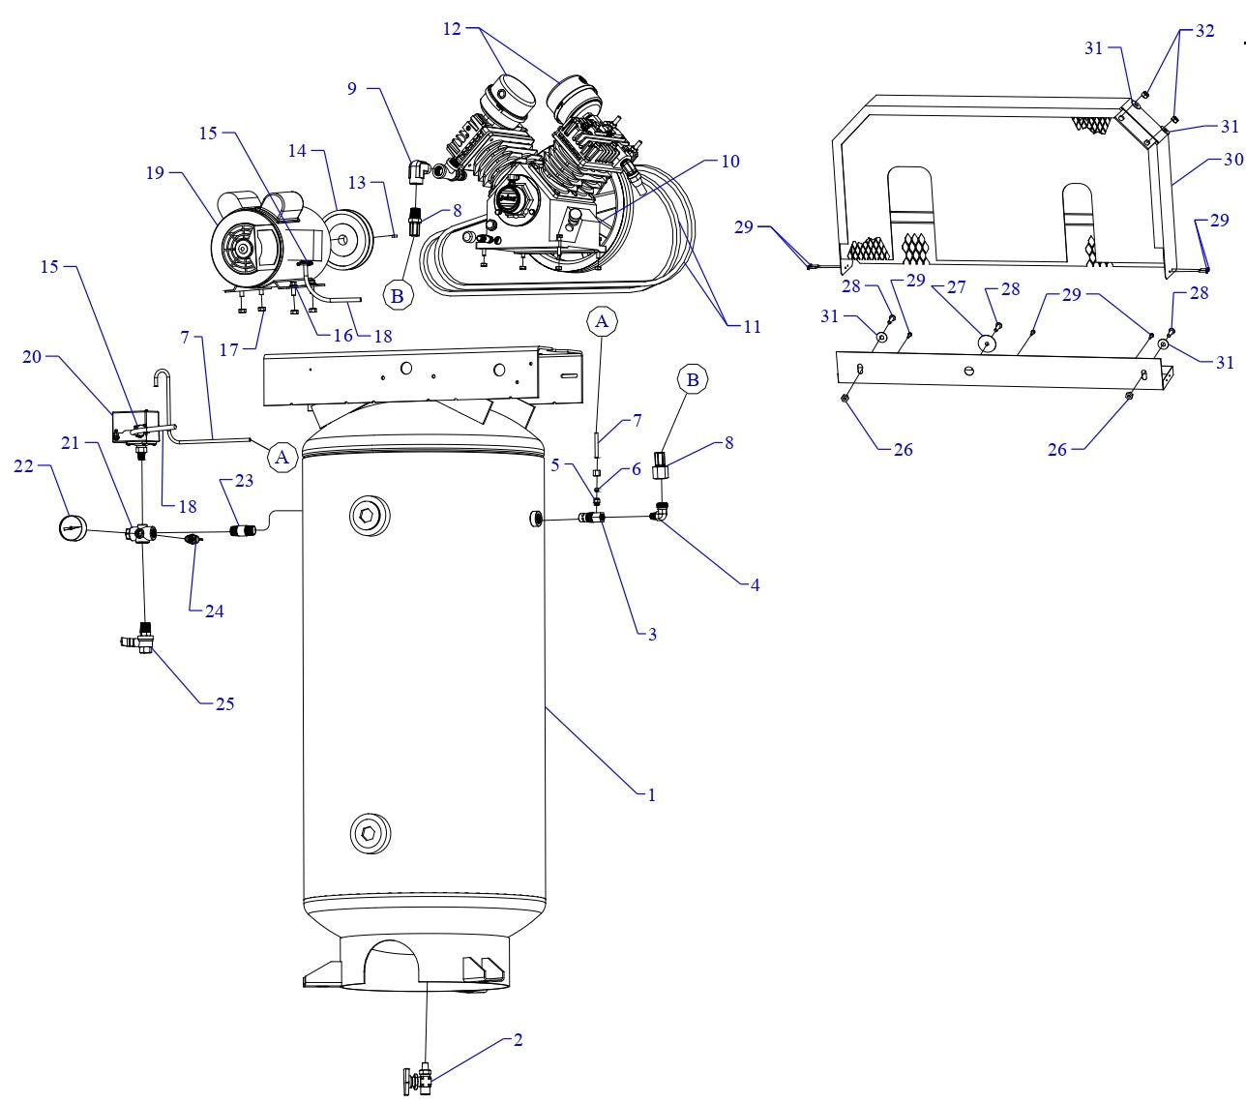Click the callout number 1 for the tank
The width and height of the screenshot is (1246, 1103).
651,795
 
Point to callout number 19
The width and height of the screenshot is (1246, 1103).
155,173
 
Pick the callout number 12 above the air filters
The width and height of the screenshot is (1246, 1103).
453,29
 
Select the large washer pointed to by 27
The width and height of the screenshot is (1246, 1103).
986,343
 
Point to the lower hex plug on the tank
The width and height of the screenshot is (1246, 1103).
369,833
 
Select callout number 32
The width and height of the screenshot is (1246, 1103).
1204,31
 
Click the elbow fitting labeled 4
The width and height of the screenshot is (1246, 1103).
659,517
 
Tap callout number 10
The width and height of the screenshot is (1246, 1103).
730,161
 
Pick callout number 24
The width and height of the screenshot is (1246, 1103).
214,611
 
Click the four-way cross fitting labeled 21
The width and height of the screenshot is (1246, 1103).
142,534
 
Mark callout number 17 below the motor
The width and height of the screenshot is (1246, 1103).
229,350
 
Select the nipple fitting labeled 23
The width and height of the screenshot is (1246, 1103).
242,530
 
